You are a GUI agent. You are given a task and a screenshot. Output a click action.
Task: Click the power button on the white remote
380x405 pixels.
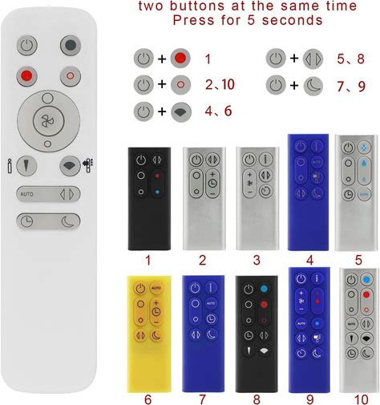click(27, 46)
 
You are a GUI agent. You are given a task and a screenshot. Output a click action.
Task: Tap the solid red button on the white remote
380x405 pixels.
click(26, 76)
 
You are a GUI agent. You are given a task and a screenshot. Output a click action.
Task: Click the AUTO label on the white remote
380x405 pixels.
click(27, 194)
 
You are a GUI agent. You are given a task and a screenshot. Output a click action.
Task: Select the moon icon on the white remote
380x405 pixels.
click(68, 221)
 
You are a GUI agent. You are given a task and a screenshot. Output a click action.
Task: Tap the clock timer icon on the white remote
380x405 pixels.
click(27, 221)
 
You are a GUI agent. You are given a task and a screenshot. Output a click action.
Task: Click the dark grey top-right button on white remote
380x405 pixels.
click(71, 46)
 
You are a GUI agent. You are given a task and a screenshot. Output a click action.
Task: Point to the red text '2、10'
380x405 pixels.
click(220, 84)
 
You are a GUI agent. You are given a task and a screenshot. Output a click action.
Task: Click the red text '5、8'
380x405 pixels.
click(350, 59)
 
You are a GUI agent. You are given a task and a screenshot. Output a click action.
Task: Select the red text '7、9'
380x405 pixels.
click(351, 86)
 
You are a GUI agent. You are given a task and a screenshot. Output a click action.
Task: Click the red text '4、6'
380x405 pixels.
click(218, 111)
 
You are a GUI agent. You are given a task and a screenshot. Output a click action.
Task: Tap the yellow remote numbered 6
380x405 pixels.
click(149, 334)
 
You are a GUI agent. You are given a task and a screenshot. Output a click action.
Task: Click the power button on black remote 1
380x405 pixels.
click(141, 160)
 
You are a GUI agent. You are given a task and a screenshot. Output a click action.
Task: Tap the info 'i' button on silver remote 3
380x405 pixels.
click(265, 160)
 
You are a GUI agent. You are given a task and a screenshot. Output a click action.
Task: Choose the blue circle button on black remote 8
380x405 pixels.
click(264, 289)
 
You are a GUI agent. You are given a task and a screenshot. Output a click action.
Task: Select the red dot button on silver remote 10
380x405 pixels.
click(366, 295)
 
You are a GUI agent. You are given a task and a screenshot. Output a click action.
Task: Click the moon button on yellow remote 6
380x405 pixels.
click(156, 335)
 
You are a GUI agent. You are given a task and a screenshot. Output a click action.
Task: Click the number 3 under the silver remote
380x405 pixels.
click(257, 260)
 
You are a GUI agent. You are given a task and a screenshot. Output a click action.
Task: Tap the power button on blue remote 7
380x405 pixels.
click(196, 288)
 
